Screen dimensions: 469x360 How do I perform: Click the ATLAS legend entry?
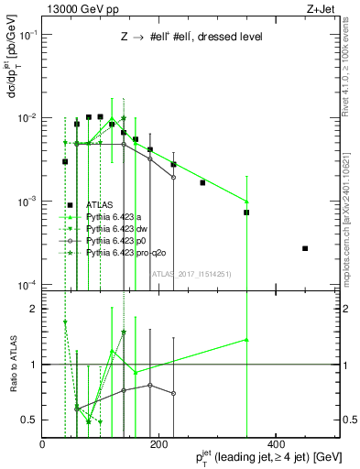(101, 205)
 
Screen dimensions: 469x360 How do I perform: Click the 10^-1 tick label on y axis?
(27, 35)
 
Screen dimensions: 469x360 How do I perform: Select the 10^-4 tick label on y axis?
(27, 284)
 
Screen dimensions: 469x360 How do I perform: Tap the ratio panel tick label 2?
(34, 309)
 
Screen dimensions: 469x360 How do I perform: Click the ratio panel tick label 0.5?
(29, 420)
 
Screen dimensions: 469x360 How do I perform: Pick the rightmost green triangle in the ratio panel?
(246, 340)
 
